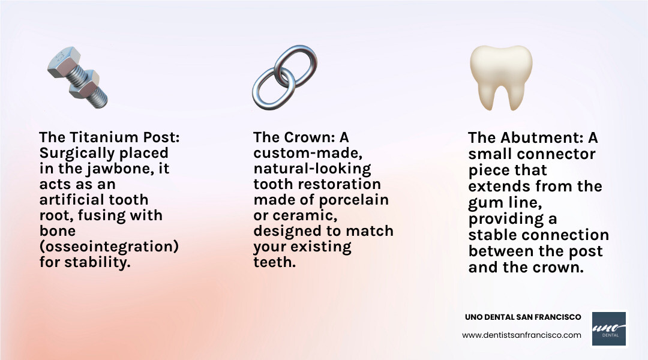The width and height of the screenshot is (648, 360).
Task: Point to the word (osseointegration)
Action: [x=109, y=247]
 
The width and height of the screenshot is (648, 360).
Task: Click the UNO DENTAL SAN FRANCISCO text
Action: [x=523, y=317]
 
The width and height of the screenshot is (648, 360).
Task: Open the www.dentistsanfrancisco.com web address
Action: [x=521, y=335]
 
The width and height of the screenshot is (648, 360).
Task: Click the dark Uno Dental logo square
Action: [x=609, y=329]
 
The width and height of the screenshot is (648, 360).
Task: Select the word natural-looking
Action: [x=312, y=169]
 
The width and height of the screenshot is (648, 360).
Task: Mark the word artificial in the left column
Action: [x=72, y=200]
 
